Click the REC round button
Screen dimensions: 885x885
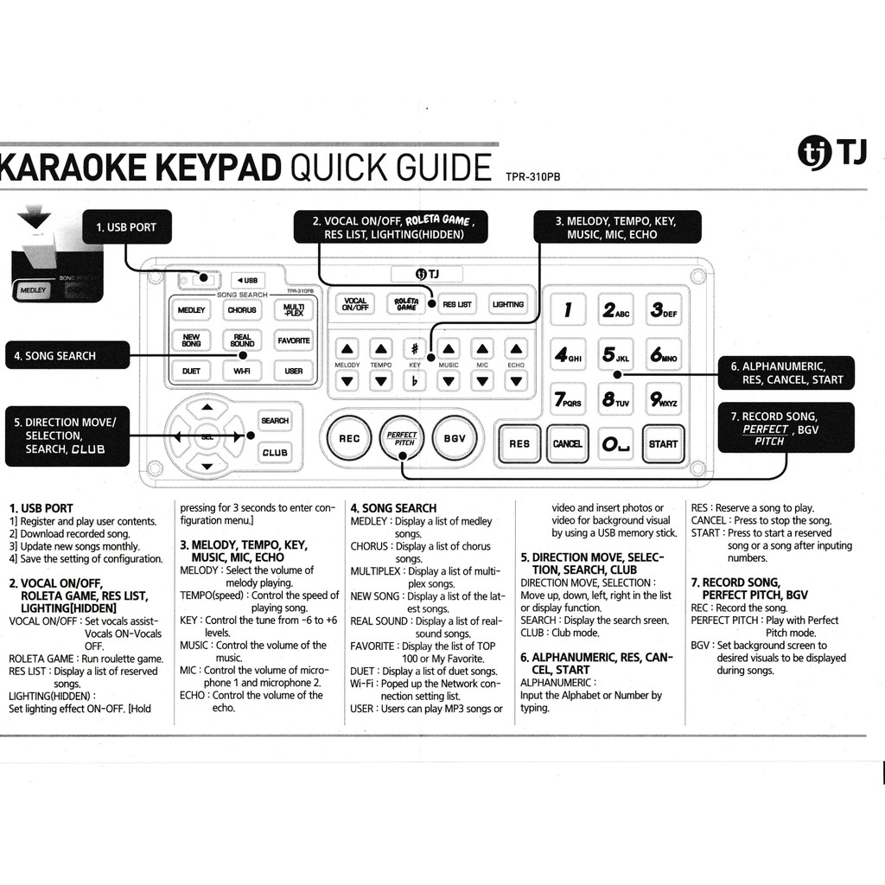(349, 438)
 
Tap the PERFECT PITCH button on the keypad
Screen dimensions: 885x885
(402, 438)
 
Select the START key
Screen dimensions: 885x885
(663, 443)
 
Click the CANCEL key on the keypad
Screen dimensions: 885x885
(567, 443)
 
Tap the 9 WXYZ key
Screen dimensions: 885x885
(664, 399)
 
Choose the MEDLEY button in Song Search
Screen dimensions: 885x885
(191, 309)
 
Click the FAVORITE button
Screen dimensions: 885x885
(294, 341)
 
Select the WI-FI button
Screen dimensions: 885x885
(242, 371)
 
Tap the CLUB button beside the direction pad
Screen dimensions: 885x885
(275, 452)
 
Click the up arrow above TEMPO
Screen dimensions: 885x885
(381, 349)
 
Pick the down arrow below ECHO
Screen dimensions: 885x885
(516, 380)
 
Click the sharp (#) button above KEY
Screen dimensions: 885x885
(415, 349)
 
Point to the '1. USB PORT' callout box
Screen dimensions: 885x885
(126, 227)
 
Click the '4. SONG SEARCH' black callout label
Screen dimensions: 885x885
(67, 355)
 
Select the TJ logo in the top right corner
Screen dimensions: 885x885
(831, 154)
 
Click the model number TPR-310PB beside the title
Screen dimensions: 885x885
(533, 176)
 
